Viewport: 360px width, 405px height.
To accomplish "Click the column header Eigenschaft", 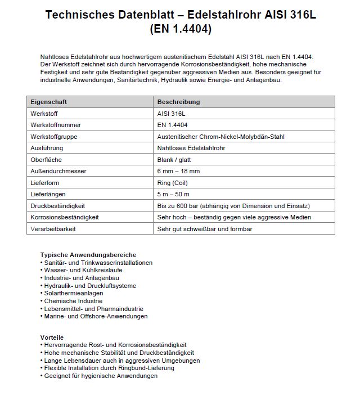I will click(48, 102).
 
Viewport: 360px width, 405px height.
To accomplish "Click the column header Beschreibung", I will click(178, 102).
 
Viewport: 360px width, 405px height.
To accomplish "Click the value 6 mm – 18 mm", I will click(178, 171).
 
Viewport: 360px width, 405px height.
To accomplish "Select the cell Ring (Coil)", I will click(174, 183).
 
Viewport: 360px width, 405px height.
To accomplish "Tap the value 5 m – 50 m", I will click(174, 194).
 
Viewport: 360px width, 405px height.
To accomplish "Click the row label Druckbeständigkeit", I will click(58, 206).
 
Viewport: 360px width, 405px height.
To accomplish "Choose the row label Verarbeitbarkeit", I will click(53, 229).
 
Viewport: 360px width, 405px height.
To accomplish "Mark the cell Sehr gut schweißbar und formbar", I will click(205, 229).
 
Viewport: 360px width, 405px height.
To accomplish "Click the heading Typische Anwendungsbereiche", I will click(88, 255).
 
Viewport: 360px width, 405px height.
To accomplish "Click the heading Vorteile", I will click(52, 337).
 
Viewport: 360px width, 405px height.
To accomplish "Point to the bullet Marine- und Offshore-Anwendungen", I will click(96, 316).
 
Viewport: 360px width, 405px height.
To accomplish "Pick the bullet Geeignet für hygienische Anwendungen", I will click(101, 376).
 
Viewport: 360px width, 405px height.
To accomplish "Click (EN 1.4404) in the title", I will click(181, 29).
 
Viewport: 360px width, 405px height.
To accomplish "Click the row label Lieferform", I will click(46, 183).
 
